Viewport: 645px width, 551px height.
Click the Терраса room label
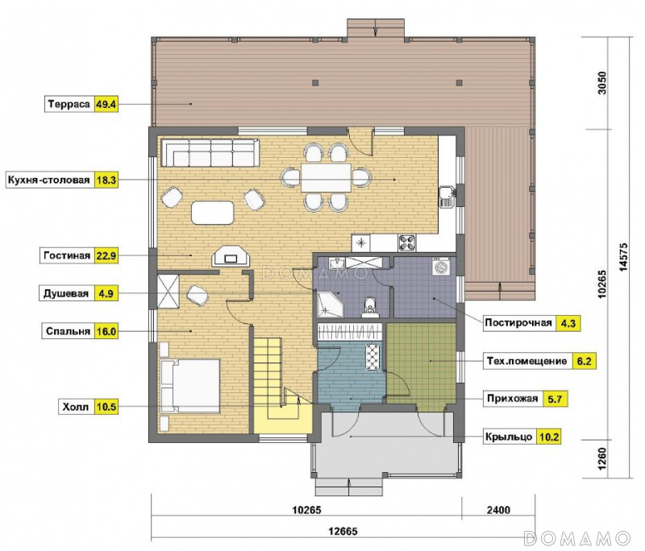point(69,104)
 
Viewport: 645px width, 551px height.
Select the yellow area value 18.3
point(106,180)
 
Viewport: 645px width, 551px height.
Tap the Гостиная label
point(67,255)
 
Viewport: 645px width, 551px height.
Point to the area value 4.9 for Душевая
point(106,294)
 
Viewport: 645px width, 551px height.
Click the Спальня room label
point(68,331)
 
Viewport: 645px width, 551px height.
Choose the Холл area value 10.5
point(106,407)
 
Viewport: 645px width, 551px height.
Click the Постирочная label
point(518,322)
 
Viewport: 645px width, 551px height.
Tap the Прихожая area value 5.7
point(555,399)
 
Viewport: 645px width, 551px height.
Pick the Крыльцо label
point(509,437)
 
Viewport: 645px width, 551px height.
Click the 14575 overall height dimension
point(623,257)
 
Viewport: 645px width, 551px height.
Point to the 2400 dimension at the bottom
point(498,510)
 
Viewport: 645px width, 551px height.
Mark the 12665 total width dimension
point(343,532)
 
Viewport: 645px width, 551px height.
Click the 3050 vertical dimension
point(601,83)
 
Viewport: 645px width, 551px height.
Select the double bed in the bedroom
point(190,385)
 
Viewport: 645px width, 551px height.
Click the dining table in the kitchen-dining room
point(326,177)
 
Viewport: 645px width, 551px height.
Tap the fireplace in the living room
point(230,257)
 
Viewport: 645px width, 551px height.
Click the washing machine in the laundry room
point(440,267)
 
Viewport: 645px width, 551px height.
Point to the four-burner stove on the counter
point(408,242)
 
